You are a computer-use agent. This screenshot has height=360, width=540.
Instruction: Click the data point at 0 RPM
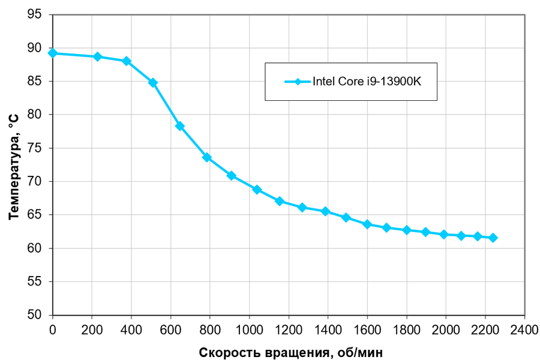pos(53,53)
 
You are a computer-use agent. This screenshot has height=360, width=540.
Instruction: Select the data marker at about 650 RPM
pos(179,126)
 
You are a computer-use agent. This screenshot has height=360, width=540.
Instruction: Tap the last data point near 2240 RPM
pos(493,238)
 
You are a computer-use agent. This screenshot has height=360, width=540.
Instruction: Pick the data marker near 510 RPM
pos(153,83)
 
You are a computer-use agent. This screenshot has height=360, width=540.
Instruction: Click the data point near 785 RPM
pos(207,157)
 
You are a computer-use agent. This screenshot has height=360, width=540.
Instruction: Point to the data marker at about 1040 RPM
pos(257,190)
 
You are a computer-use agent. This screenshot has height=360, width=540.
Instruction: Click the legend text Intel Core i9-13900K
pos(367,82)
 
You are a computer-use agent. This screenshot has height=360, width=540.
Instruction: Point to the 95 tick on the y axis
pos(35,14)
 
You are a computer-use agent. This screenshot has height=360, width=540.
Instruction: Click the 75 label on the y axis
pos(35,148)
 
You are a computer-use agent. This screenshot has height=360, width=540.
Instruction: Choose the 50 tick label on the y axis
pos(35,315)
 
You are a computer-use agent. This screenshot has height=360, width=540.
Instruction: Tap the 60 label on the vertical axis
pos(35,248)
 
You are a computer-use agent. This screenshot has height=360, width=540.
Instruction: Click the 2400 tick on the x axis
pos(524,329)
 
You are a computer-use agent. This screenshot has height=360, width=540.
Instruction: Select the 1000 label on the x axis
pos(249,329)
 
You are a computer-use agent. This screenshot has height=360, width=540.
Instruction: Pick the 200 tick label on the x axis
pos(92,329)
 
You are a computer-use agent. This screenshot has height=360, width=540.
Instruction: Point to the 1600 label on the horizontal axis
pos(367,329)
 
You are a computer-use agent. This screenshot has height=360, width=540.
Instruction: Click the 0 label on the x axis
pos(53,329)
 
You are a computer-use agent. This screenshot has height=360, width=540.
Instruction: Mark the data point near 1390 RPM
pos(326,211)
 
